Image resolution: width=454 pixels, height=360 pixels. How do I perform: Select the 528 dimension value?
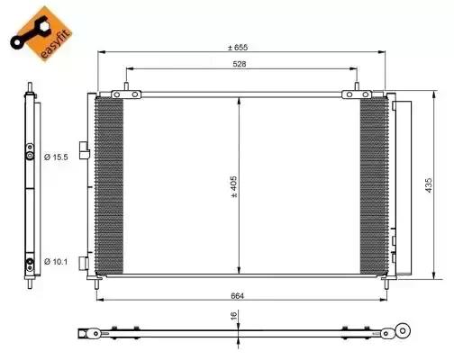pyautogui.click(x=239, y=65)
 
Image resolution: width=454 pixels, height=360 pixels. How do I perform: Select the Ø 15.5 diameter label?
pyautogui.click(x=55, y=157)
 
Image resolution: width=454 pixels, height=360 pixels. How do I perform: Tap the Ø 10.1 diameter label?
pyautogui.click(x=55, y=263)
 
